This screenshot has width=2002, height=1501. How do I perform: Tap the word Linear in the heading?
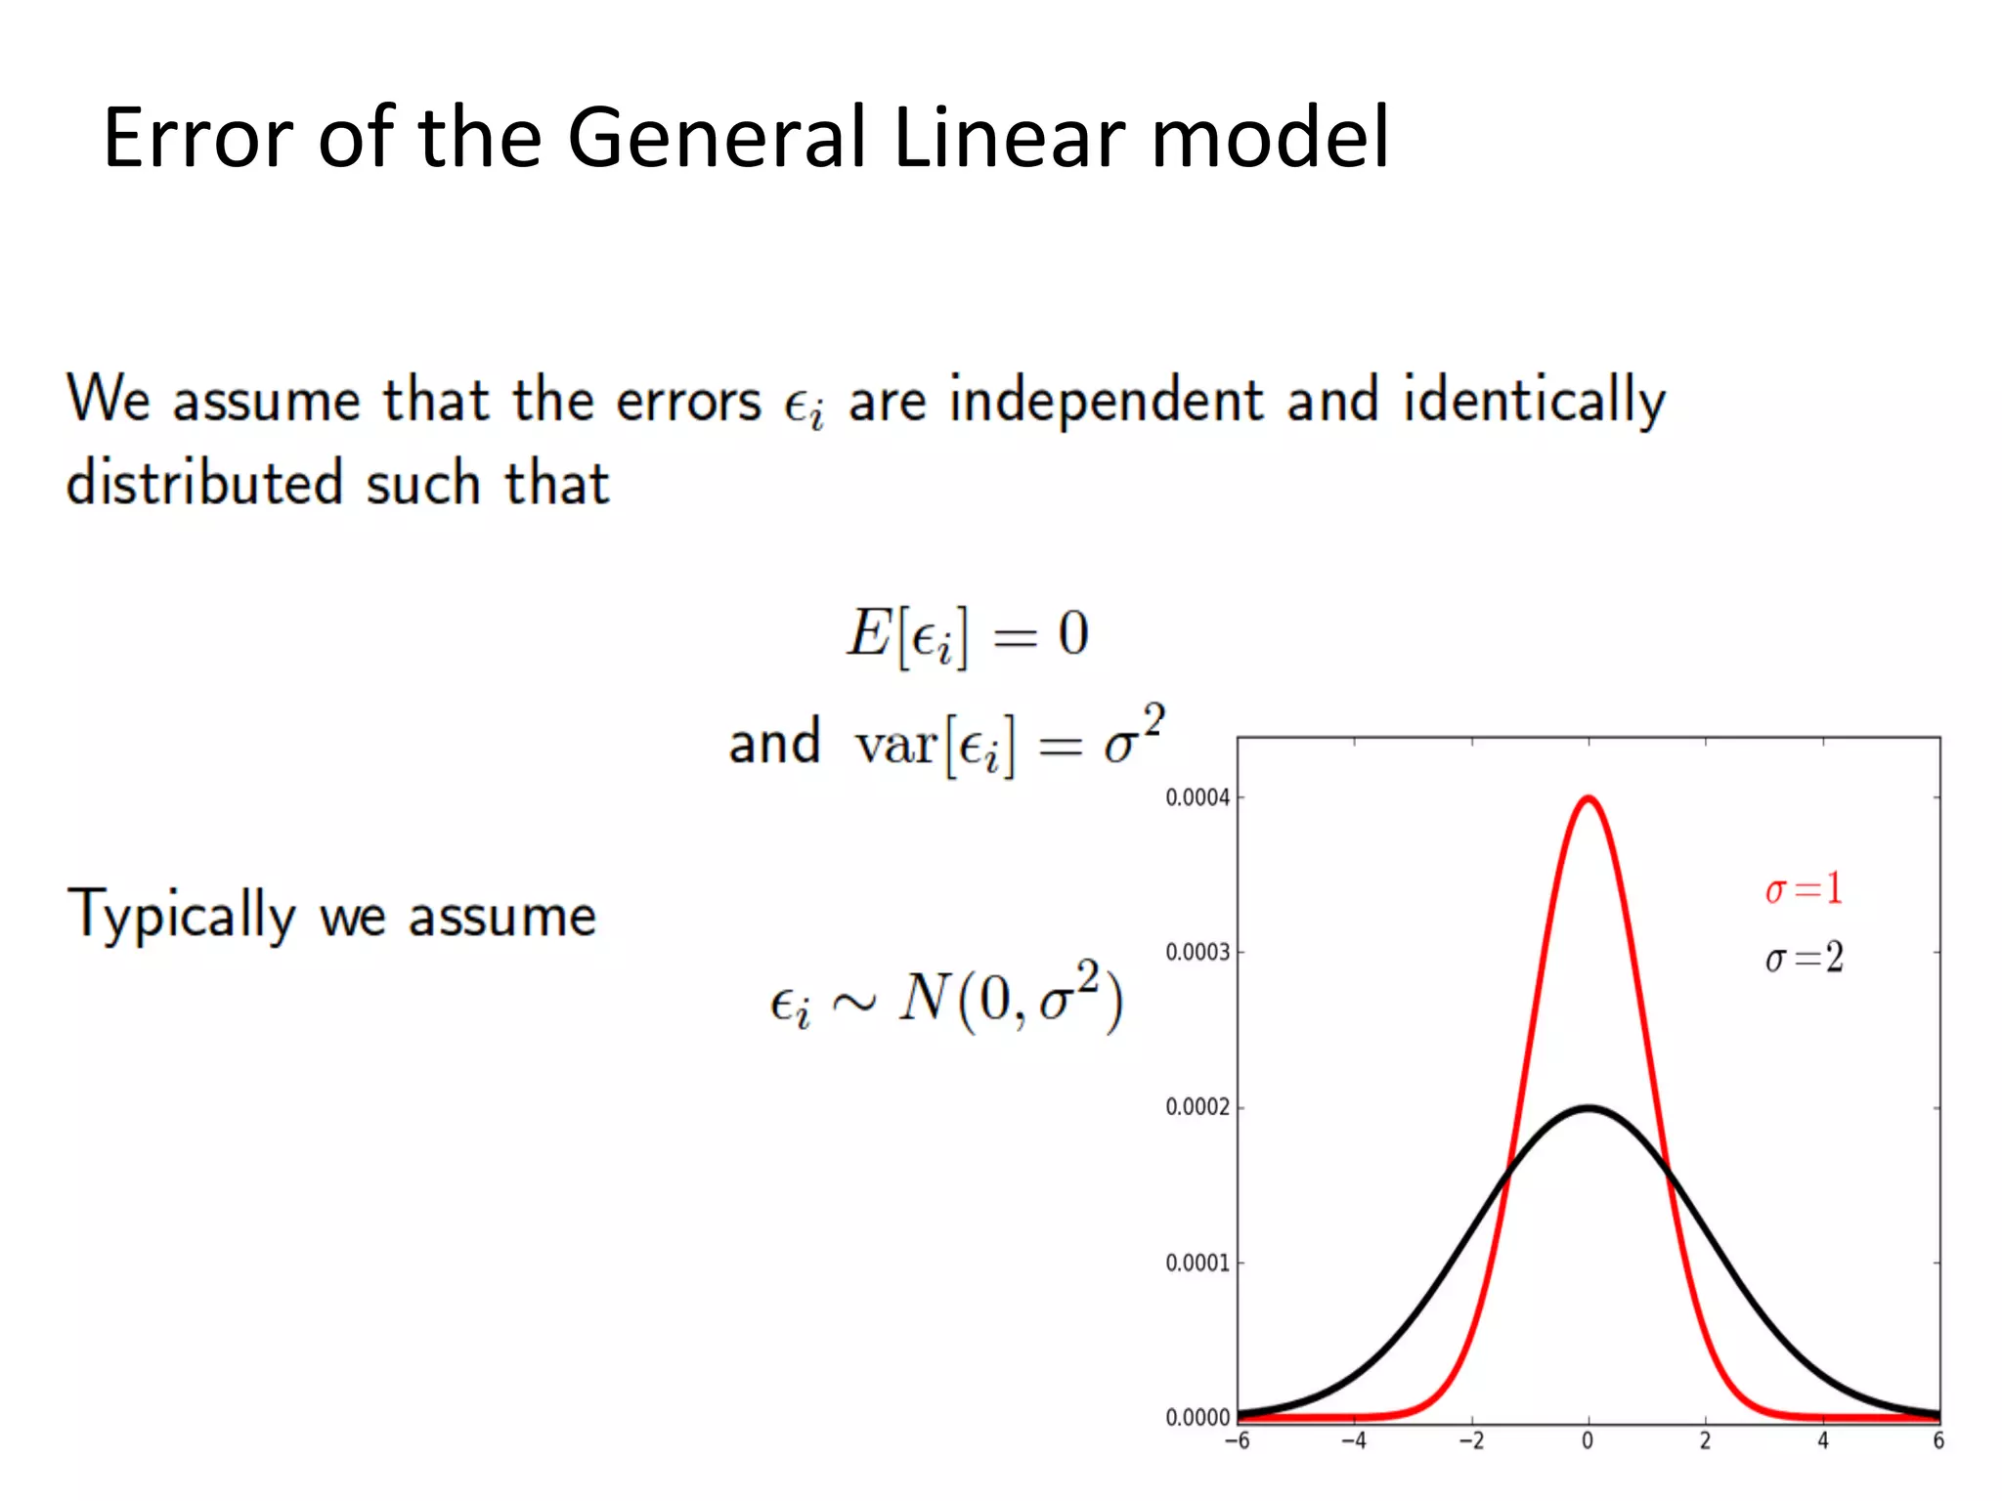[x=1008, y=138]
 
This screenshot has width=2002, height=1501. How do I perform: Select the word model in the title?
[x=1270, y=138]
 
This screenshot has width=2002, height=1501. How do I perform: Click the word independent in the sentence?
[x=1106, y=401]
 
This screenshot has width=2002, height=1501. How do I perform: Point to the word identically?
[x=1534, y=401]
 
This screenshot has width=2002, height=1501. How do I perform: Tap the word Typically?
[x=180, y=916]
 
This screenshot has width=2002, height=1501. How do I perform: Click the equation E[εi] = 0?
[x=967, y=635]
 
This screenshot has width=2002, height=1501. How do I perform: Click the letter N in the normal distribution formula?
[x=924, y=999]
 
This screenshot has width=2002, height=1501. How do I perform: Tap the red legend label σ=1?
[x=1804, y=889]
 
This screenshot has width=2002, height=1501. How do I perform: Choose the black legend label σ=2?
[x=1804, y=958]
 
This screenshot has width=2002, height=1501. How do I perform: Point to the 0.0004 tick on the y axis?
[x=1197, y=797]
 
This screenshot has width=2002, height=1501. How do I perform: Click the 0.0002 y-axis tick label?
[x=1197, y=1107]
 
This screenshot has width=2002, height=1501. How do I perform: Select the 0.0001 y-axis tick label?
[x=1197, y=1263]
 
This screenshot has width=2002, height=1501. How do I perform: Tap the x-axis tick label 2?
[x=1705, y=1440]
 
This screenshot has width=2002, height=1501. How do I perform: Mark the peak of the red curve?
[x=1589, y=798]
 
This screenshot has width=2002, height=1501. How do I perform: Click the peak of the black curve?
[x=1589, y=1108]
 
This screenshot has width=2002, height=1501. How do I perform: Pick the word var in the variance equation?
[x=895, y=745]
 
